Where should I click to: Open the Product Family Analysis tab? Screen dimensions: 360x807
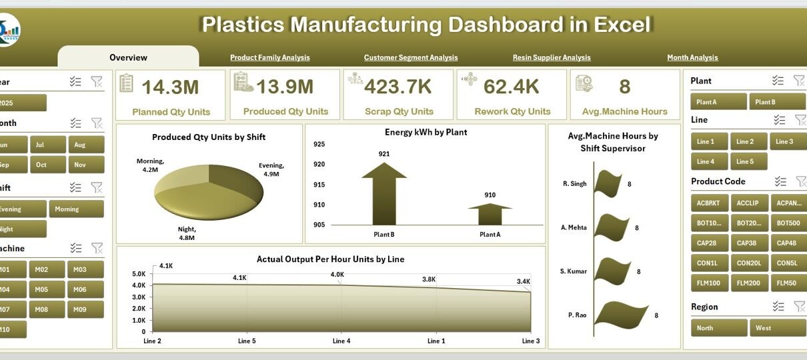point(269,58)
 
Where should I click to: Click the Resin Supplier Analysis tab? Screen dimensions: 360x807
point(551,58)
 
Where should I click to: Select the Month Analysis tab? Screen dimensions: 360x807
point(692,58)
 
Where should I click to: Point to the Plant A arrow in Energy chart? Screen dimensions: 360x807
point(490,214)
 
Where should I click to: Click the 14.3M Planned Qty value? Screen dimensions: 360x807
point(170,87)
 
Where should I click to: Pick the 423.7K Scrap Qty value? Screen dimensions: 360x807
point(398,87)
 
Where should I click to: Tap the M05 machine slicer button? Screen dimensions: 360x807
point(41,289)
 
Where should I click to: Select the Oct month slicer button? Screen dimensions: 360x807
point(41,165)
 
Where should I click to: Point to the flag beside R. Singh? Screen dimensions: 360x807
point(608,182)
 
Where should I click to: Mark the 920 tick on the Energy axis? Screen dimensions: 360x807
point(319,164)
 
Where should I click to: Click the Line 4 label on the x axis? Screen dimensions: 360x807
point(341,341)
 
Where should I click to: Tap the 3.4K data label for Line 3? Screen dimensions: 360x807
point(523,282)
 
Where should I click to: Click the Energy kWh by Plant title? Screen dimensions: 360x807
point(426,132)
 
